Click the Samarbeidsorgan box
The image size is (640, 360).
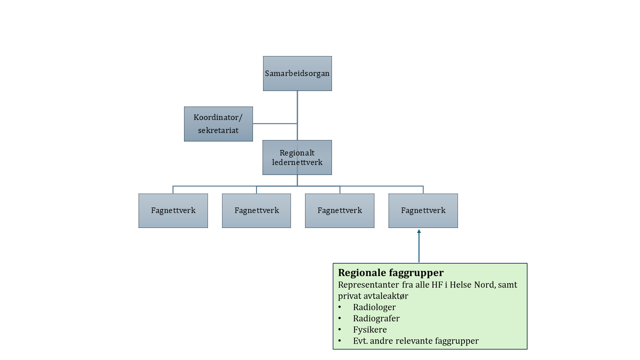click(297, 73)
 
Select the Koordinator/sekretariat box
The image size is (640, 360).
click(218, 124)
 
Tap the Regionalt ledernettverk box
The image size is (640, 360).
click(297, 157)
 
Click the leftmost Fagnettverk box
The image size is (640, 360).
click(173, 210)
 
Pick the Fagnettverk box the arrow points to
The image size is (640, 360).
click(423, 210)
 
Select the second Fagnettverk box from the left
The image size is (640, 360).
click(256, 210)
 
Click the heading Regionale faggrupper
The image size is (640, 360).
click(391, 273)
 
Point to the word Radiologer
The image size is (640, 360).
click(374, 307)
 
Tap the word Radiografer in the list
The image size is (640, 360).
click(376, 318)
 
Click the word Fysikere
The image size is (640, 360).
click(369, 330)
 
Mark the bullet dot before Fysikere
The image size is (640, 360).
click(340, 330)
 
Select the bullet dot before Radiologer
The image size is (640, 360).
click(340, 307)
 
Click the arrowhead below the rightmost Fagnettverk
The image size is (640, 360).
click(419, 231)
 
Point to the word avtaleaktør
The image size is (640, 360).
click(387, 296)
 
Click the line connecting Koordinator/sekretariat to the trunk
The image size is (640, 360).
click(275, 123)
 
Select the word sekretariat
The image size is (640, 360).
click(218, 130)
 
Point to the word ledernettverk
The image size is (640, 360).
click(297, 162)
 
